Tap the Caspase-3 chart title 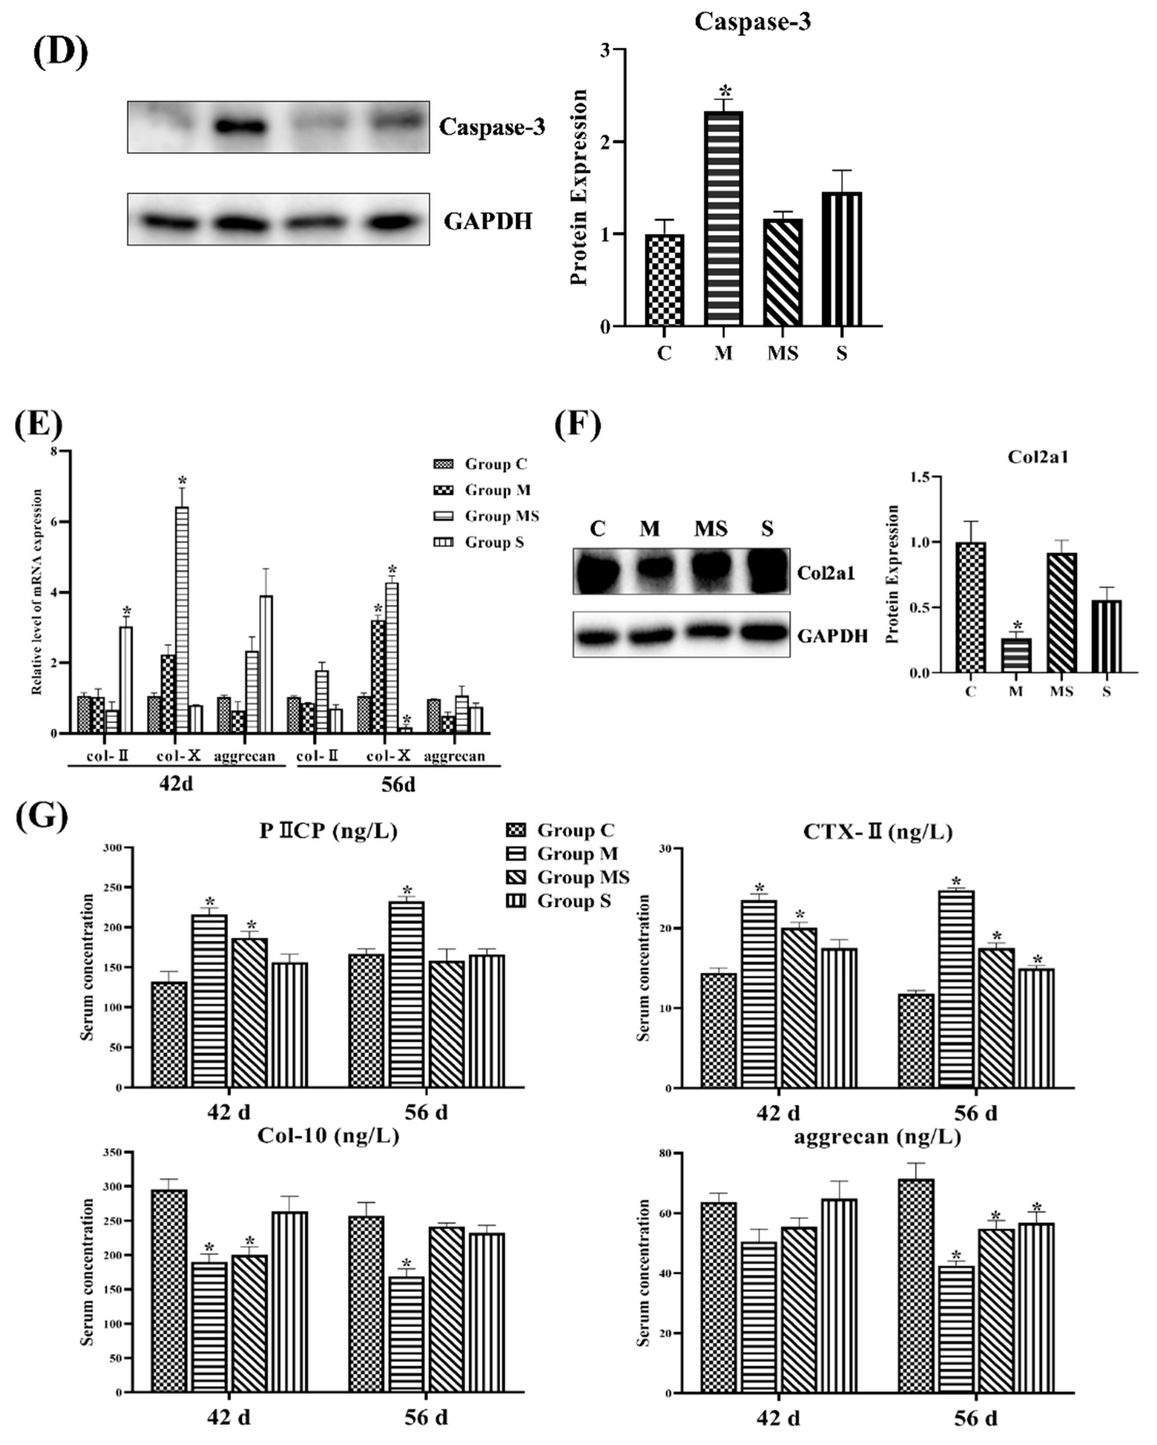752,22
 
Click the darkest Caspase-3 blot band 240,126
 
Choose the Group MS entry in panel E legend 501,516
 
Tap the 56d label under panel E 398,784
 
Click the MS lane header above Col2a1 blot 711,529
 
